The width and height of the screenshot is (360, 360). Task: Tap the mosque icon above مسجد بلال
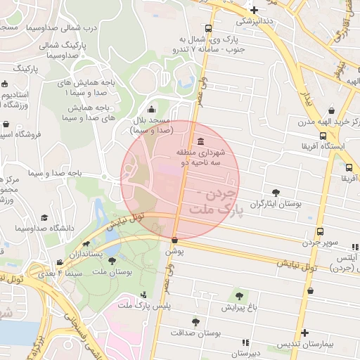[x=152, y=109]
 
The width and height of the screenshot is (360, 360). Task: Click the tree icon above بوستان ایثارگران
[x=275, y=192]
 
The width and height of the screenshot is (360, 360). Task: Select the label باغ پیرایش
[x=239, y=308]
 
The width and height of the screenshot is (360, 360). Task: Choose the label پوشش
[x=174, y=251]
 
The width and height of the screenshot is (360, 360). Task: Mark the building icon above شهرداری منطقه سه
[x=202, y=140]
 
